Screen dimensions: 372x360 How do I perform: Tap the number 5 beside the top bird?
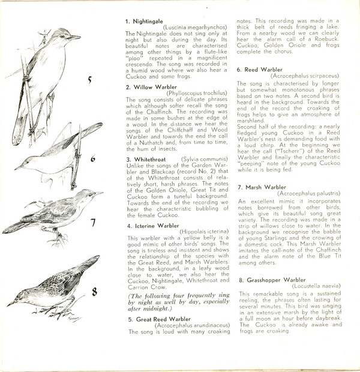(89, 80)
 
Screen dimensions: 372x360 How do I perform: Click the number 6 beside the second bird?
(93, 160)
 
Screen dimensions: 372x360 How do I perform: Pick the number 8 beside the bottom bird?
(94, 292)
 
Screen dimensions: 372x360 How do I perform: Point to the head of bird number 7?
(86, 196)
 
